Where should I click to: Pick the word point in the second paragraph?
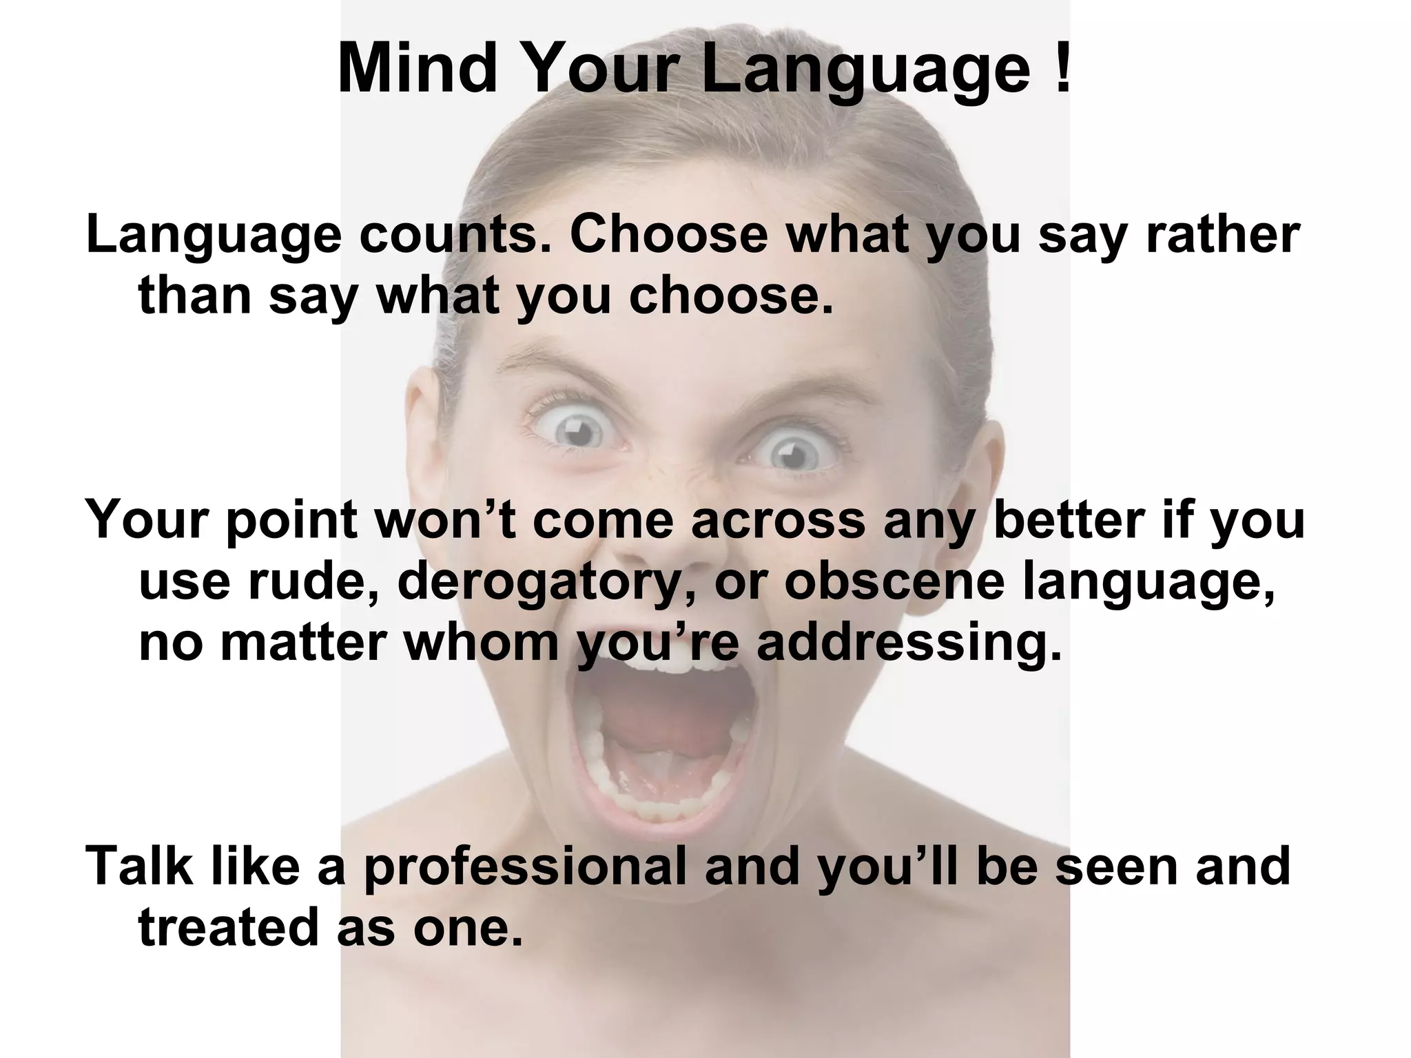coord(290,519)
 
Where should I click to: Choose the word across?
coord(778,519)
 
